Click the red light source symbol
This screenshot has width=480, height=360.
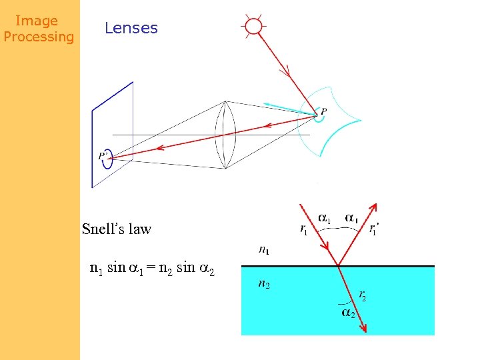point(253,26)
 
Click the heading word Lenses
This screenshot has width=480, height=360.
point(131,28)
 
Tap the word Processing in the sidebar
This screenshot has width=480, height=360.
point(39,37)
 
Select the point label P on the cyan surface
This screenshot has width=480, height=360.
point(324,111)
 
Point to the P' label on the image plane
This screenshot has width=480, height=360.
point(104,156)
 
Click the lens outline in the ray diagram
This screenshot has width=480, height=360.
point(226,135)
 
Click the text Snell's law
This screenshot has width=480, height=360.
point(117,229)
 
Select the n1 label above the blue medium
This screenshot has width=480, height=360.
point(264,250)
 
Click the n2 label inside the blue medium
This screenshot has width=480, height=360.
point(264,284)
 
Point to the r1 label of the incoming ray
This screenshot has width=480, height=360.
point(304,231)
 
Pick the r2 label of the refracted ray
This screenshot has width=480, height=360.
point(362,295)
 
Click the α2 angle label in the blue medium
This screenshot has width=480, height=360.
point(348,311)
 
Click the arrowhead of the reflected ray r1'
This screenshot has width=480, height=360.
point(375,209)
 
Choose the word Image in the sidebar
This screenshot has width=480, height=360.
point(37,21)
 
